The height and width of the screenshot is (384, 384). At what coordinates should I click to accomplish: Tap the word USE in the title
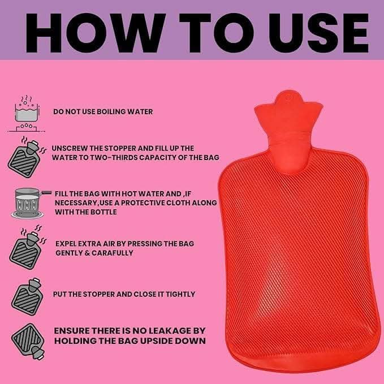(x=318, y=33)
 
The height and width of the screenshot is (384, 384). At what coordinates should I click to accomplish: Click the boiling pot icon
(x=26, y=114)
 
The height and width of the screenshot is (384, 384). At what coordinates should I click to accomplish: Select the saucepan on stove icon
(x=30, y=203)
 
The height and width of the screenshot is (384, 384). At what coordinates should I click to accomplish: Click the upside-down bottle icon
(x=28, y=342)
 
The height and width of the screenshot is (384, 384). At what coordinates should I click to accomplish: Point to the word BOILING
(x=111, y=111)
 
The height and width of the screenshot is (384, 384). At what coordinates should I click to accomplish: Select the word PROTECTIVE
(x=143, y=203)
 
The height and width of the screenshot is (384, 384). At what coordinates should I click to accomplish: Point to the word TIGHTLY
(x=180, y=294)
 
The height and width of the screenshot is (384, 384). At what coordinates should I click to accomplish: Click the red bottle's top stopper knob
(x=288, y=97)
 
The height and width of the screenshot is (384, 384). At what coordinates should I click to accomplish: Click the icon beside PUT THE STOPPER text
(x=27, y=297)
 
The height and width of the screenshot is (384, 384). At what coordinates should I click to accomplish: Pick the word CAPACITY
(x=157, y=157)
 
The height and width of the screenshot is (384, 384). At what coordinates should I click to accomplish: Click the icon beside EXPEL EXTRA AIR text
(x=27, y=247)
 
